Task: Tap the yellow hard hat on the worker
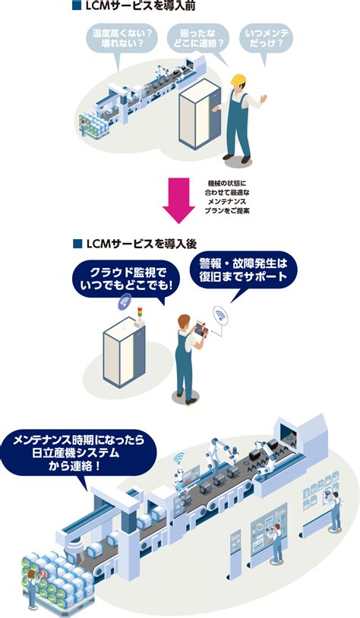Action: pyautogui.click(x=238, y=79)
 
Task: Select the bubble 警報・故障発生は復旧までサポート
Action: pyautogui.click(x=243, y=270)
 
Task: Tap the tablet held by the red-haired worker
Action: pyautogui.click(x=200, y=328)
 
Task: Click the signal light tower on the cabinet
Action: pyautogui.click(x=139, y=315)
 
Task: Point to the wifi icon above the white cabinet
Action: pyautogui.click(x=125, y=301)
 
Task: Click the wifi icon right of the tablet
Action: pyautogui.click(x=220, y=315)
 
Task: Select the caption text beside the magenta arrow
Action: pyautogui.click(x=227, y=197)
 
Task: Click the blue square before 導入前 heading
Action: pyautogui.click(x=77, y=6)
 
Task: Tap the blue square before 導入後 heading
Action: pyautogui.click(x=77, y=244)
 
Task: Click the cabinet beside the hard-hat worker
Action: pyautogui.click(x=198, y=114)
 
